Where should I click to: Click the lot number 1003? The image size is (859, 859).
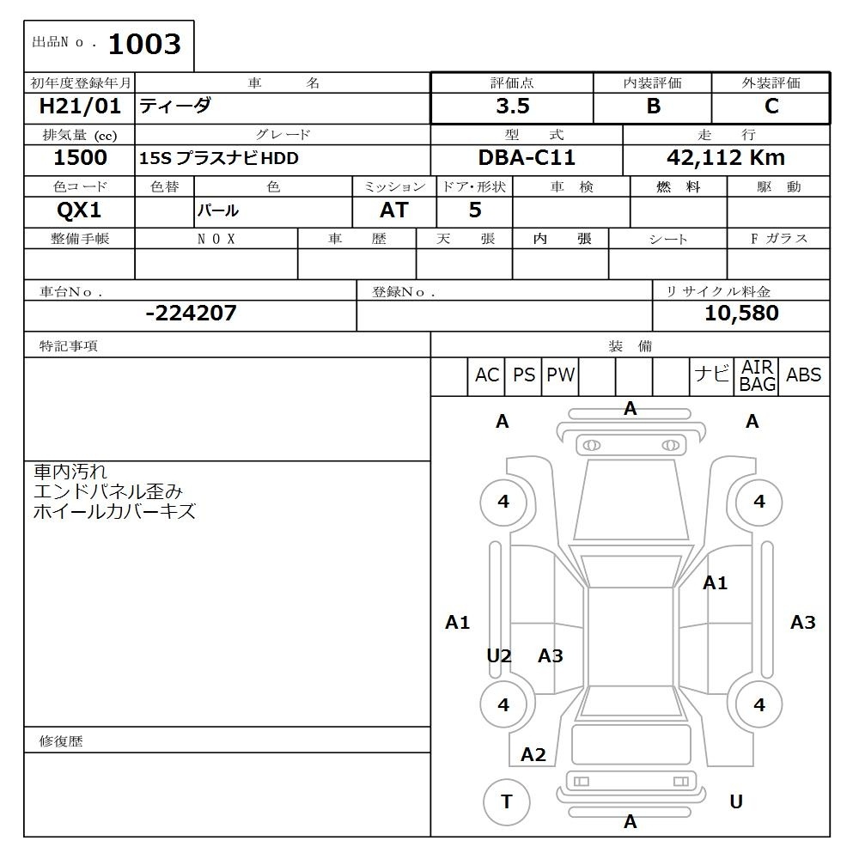[x=144, y=44]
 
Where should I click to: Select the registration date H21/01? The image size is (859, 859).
[x=80, y=106]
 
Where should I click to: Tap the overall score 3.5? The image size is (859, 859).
[x=513, y=106]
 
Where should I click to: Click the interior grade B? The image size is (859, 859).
[x=654, y=106]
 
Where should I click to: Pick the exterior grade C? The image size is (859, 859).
[x=771, y=106]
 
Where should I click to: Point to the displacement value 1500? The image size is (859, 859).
[x=80, y=158]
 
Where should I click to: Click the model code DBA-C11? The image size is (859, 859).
[x=527, y=158]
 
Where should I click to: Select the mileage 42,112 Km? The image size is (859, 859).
[x=726, y=158]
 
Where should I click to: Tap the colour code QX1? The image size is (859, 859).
[x=79, y=210]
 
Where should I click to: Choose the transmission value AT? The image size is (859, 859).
[x=394, y=210]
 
